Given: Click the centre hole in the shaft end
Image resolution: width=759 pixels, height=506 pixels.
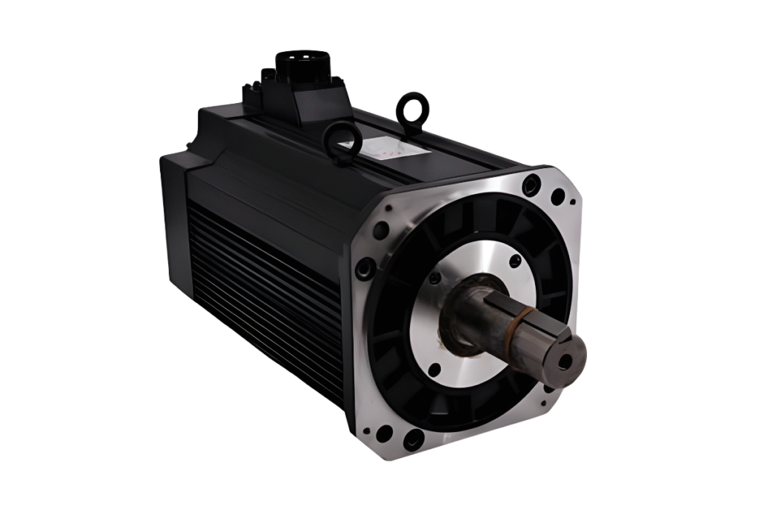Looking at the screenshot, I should tap(566, 362).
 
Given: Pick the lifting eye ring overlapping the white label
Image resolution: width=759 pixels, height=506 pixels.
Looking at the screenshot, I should tap(343, 141).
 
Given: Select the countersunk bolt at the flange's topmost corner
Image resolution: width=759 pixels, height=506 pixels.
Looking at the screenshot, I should tap(531, 184).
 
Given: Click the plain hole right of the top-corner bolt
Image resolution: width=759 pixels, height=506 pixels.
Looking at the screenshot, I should tap(557, 196).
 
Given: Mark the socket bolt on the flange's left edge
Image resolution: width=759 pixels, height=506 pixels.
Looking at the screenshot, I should tap(364, 267).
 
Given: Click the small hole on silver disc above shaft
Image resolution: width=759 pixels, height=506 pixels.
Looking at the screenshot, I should tap(515, 262).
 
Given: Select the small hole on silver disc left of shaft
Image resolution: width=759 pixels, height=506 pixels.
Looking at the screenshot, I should tap(435, 279).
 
